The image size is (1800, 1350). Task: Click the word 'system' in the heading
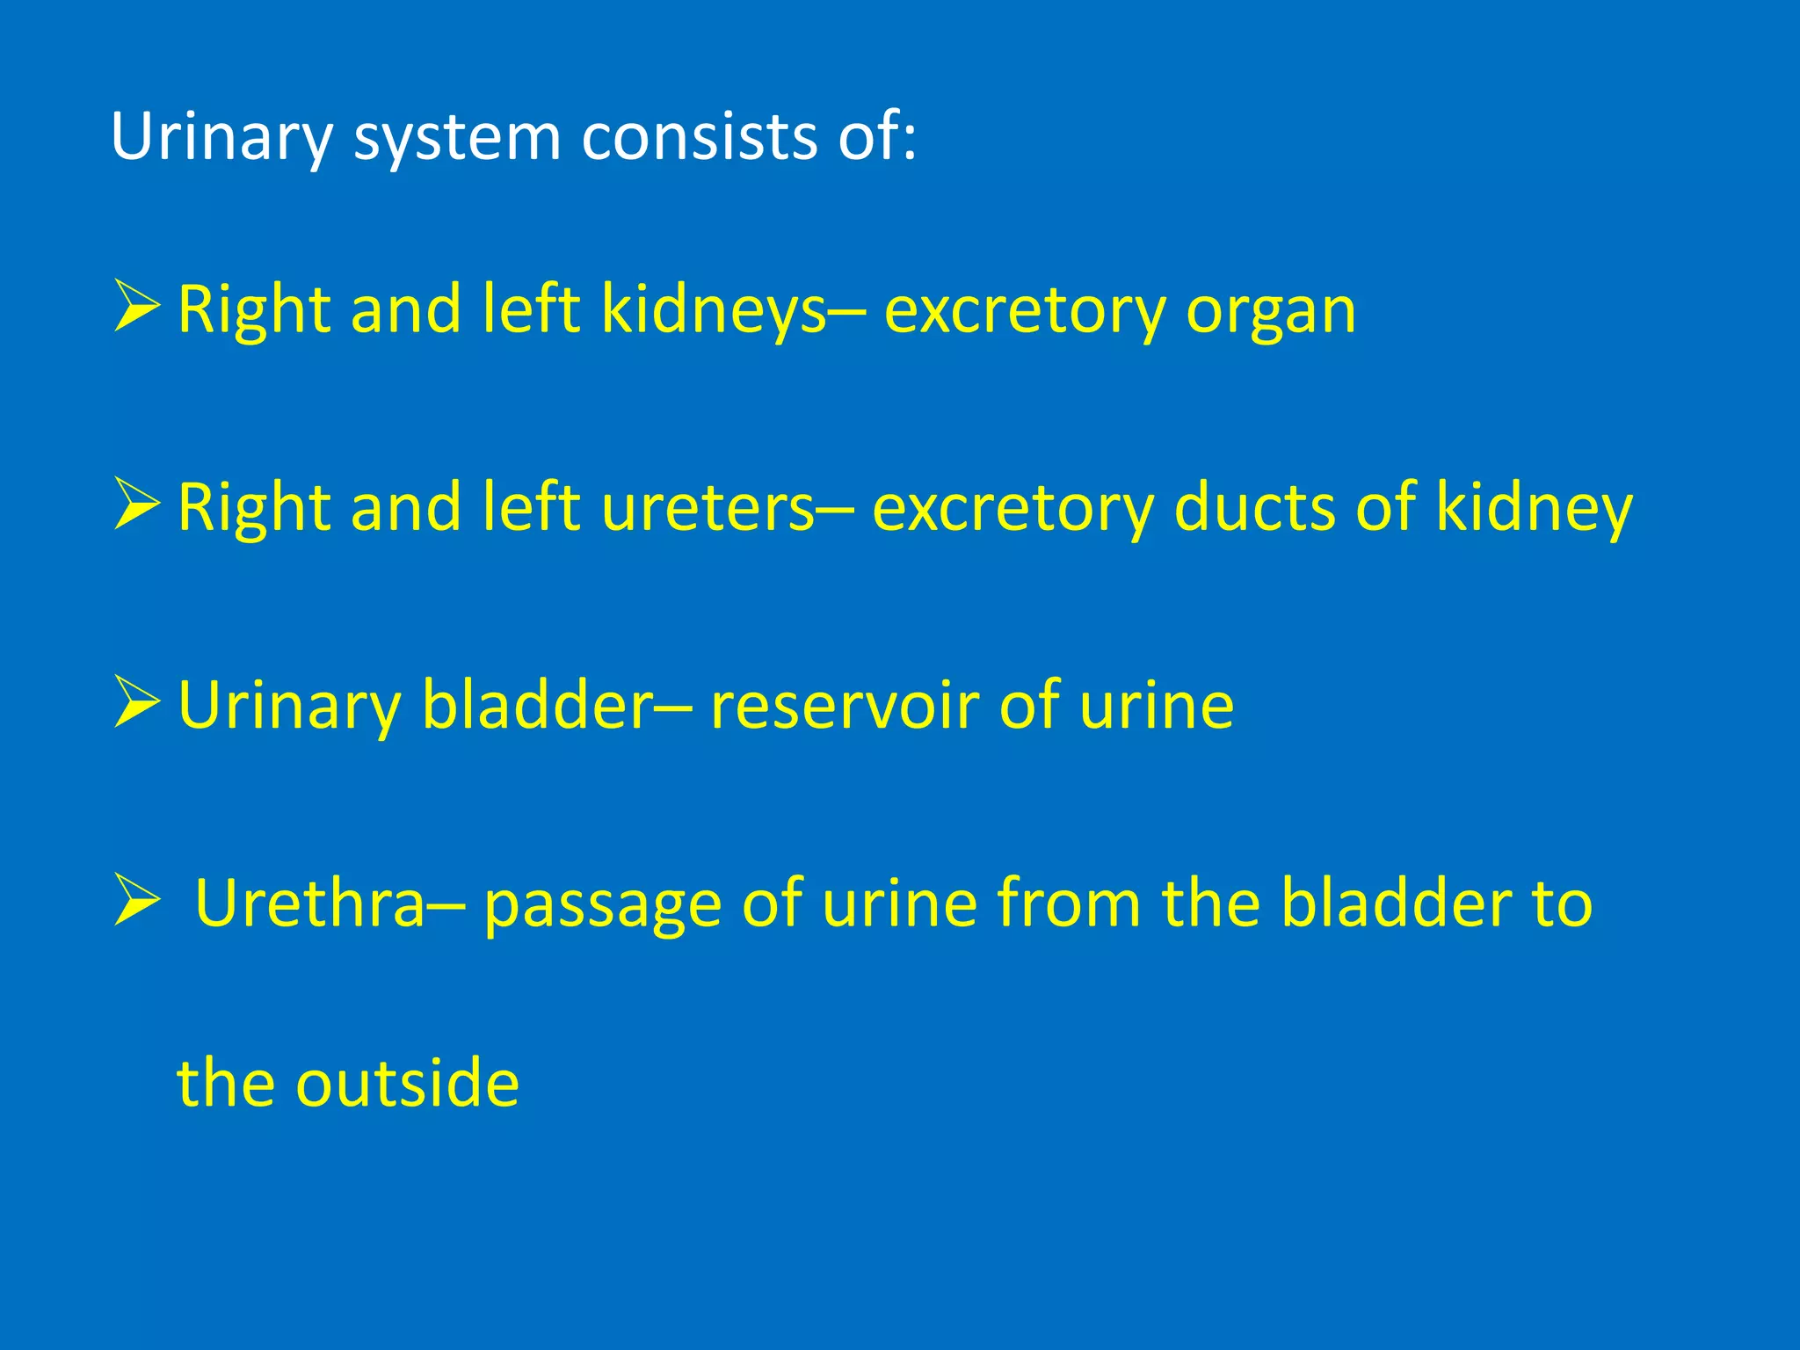(x=456, y=139)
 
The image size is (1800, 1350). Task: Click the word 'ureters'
(x=708, y=510)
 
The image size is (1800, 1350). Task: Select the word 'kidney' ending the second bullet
(x=1534, y=510)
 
